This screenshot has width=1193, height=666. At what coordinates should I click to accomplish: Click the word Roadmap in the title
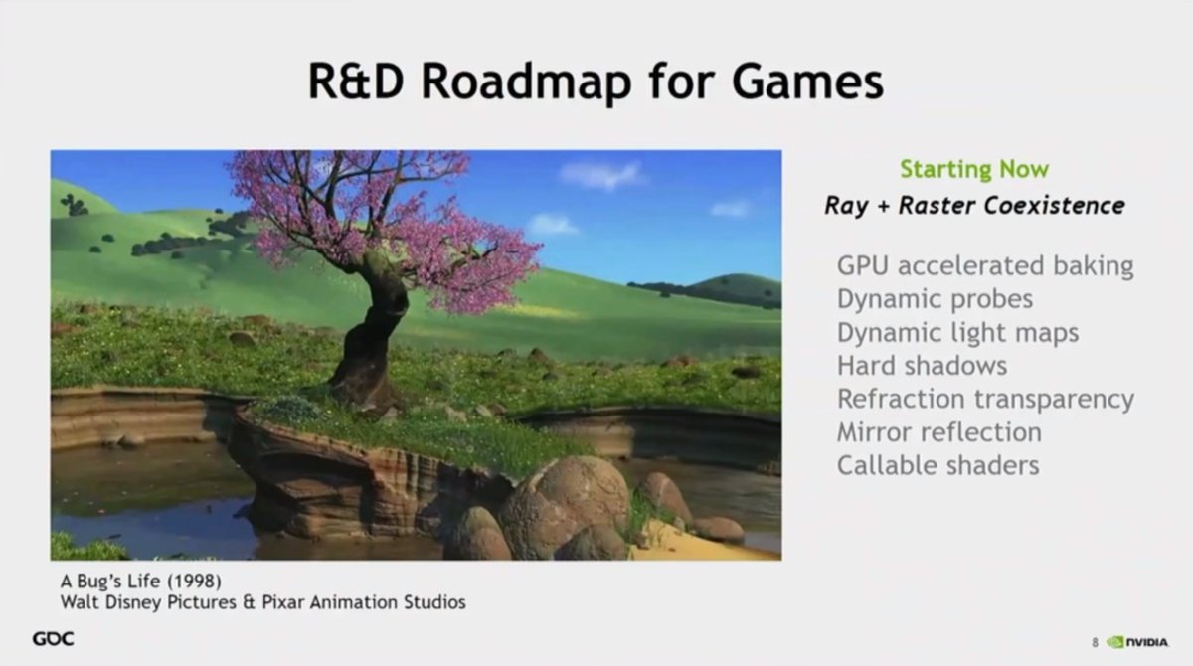pyautogui.click(x=526, y=83)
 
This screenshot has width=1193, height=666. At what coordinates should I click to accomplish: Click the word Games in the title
pyautogui.click(x=808, y=82)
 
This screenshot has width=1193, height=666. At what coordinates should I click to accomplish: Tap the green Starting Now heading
pyautogui.click(x=974, y=169)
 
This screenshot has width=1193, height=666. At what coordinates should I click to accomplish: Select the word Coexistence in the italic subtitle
pyautogui.click(x=1054, y=206)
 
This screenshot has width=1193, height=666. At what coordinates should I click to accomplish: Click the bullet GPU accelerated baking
pyautogui.click(x=985, y=266)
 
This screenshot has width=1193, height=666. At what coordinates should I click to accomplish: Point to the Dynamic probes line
pyautogui.click(x=935, y=299)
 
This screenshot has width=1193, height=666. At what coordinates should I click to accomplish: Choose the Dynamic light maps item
pyautogui.click(x=957, y=333)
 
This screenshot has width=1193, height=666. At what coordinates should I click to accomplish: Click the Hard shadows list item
pyautogui.click(x=922, y=366)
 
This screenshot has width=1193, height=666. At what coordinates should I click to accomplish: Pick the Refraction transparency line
pyautogui.click(x=985, y=400)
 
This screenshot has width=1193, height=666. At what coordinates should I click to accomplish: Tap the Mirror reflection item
pyautogui.click(x=938, y=432)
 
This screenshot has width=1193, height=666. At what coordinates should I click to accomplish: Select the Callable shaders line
pyautogui.click(x=937, y=465)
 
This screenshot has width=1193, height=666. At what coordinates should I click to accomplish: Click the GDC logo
pyautogui.click(x=54, y=639)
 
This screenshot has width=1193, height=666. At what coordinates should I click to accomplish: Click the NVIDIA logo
pyautogui.click(x=1137, y=642)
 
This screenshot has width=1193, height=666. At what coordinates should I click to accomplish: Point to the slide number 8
pyautogui.click(x=1095, y=643)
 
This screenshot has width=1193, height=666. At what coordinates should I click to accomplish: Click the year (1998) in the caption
pyautogui.click(x=194, y=581)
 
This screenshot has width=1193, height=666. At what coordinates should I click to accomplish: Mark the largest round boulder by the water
pyautogui.click(x=565, y=506)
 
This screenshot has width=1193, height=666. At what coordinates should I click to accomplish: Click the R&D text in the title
pyautogui.click(x=356, y=82)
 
